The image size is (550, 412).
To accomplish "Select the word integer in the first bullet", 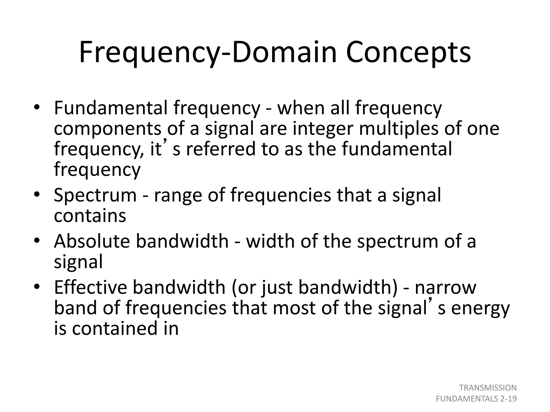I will (323, 129).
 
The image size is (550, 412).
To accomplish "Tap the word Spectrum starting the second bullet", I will (95, 195).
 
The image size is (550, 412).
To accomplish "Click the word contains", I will (90, 216).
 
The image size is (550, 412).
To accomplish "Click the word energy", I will (480, 308).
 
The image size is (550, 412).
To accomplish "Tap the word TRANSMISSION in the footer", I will (488, 388).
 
